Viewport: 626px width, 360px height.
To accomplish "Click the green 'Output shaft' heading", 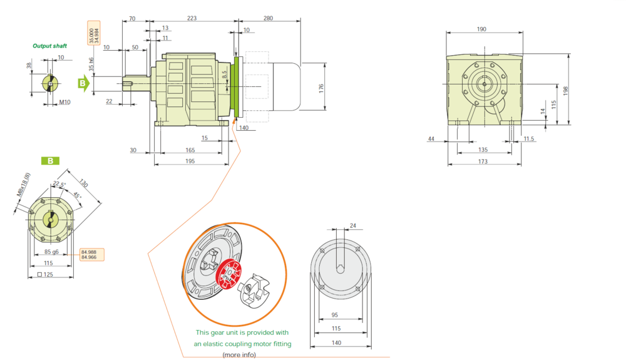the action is pos(49,46).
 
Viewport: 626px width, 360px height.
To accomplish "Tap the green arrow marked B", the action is pos(83,83).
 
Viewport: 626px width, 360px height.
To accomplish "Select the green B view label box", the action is pos(50,161).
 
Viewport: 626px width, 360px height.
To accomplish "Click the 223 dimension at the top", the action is pos(192,18).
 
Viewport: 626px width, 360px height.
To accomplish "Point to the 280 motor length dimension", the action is pos(269,18).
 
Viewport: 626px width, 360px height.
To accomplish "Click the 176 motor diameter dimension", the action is pos(321,89).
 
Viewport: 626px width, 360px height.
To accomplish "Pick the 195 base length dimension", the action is pos(190,161).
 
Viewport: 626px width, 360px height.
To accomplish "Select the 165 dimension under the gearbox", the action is pos(190,150).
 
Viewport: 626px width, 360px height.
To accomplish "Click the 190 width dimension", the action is pos(481,29).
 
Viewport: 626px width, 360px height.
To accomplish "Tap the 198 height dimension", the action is pos(565,91).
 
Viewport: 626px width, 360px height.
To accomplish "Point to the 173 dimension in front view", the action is pos(483,162).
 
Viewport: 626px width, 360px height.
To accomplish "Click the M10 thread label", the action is pos(64,102).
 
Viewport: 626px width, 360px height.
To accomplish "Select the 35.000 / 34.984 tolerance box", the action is pos(94,33).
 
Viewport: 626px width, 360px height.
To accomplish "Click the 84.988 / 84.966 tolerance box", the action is pos(92,255).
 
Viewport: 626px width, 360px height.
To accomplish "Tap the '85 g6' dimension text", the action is pos(51,252).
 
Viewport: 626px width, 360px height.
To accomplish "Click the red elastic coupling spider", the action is pos(228,275).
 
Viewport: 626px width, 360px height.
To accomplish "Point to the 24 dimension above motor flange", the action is pos(353,225).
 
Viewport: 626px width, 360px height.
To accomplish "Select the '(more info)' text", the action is pos(239,354).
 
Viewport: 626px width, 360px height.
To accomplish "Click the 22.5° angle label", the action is pos(59,184).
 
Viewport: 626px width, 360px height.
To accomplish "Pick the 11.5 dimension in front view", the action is pos(528,139).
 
